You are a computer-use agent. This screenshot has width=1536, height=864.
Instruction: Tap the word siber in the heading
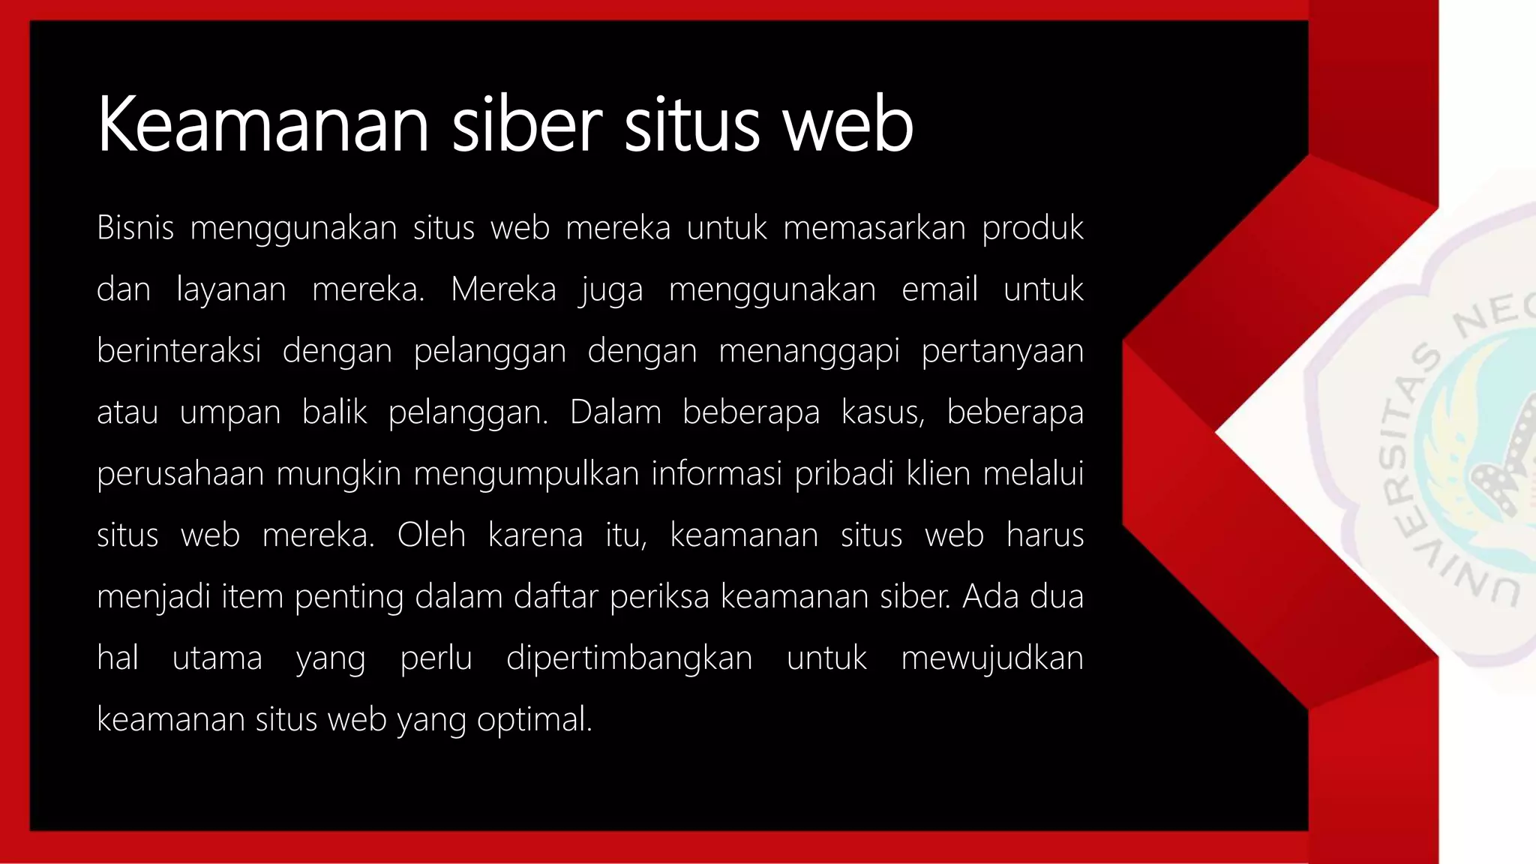pos(526,124)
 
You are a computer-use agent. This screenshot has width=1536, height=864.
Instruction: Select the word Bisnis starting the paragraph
pos(135,227)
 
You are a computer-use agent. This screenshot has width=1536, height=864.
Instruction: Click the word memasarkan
pos(874,227)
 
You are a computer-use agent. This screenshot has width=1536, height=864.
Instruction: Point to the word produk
pos(1033,227)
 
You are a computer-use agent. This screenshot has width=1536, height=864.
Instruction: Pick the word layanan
pos(231,289)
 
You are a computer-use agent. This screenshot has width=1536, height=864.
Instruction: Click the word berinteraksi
pos(178,351)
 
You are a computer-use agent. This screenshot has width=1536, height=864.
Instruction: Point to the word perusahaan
pos(180,474)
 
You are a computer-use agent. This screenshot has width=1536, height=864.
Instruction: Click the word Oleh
pos(431,535)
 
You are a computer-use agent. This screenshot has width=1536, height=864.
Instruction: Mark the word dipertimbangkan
pos(628,658)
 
